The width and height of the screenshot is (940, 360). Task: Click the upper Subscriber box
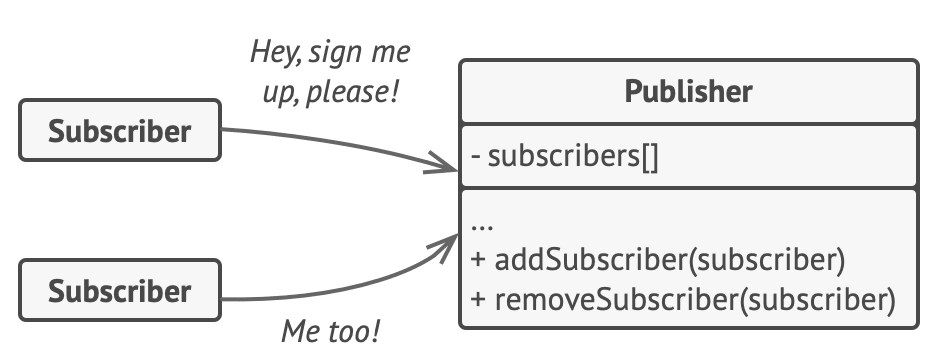point(120,131)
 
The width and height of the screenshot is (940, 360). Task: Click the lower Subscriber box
point(120,291)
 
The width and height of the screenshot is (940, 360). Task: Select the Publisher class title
point(688,93)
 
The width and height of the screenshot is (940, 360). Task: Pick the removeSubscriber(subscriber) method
point(680,299)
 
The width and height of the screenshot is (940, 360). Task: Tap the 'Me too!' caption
point(331,331)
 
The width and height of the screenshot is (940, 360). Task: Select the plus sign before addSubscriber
point(477,262)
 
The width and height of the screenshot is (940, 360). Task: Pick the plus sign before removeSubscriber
point(477,300)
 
